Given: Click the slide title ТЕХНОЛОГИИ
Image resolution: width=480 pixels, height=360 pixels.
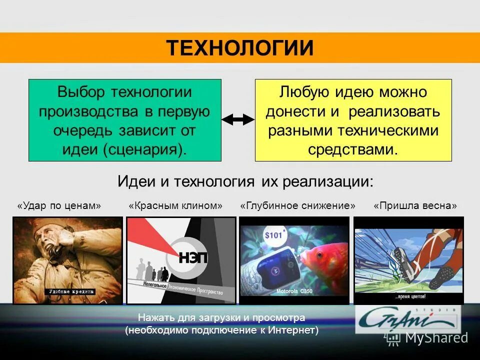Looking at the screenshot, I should [240, 48].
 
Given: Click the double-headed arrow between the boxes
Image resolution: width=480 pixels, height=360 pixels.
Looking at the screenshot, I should [238, 119].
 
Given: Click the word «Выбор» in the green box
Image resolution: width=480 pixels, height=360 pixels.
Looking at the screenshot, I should [81, 92].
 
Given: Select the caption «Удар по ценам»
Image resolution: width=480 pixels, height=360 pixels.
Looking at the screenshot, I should [59, 206].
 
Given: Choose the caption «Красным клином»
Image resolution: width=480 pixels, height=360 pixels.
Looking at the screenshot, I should [175, 206].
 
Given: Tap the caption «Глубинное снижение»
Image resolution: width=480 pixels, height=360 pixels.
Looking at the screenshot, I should [298, 206].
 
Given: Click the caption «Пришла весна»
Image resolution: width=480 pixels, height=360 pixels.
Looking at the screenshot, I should [415, 206].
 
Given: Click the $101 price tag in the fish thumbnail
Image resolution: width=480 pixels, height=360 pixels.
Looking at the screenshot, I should [274, 235].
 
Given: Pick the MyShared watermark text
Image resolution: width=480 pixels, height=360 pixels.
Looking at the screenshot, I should [436, 338].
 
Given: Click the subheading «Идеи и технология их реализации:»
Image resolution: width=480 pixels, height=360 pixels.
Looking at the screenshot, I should [245, 180].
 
